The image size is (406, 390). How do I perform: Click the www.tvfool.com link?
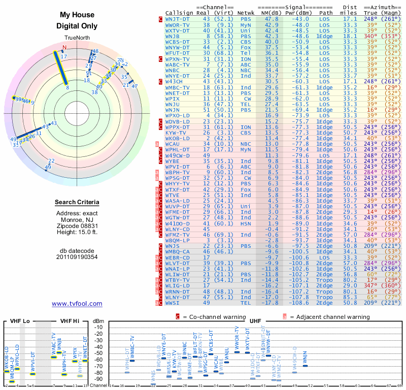click(77, 304)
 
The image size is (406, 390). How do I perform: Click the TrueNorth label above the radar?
click(77, 38)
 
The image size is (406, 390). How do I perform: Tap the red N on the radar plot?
click(64, 48)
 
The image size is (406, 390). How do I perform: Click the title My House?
click(77, 15)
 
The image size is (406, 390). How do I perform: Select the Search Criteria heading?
click(77, 203)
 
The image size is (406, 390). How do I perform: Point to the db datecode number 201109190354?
click(77, 257)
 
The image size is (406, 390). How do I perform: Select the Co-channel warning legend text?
click(210, 317)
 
